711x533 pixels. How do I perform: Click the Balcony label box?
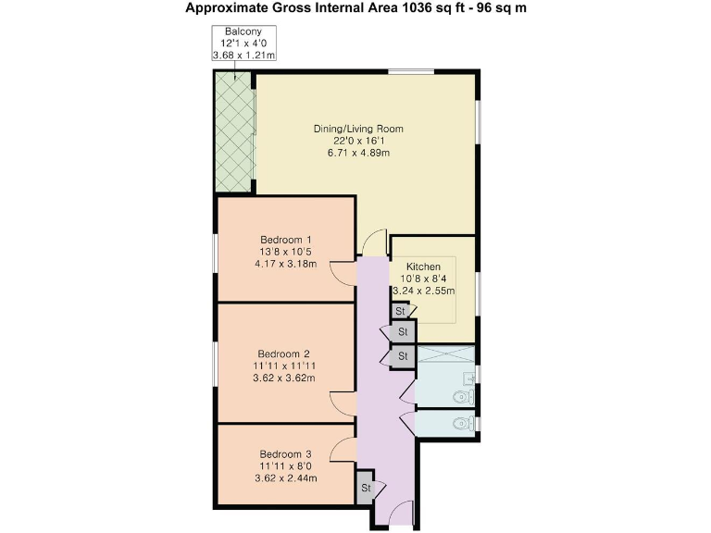243,43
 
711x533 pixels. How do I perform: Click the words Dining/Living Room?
357,129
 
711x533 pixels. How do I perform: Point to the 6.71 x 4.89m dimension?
357,153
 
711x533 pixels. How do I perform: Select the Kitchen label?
423,266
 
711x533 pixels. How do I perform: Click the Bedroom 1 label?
285,239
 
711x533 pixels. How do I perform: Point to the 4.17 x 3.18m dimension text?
285,263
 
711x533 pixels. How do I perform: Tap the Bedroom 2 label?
283,353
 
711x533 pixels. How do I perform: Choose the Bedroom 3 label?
285,454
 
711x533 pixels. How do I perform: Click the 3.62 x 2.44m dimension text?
285,478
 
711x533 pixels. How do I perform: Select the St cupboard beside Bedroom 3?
366,488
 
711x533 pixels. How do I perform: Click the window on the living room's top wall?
411,71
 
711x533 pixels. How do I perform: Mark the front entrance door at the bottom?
402,514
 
